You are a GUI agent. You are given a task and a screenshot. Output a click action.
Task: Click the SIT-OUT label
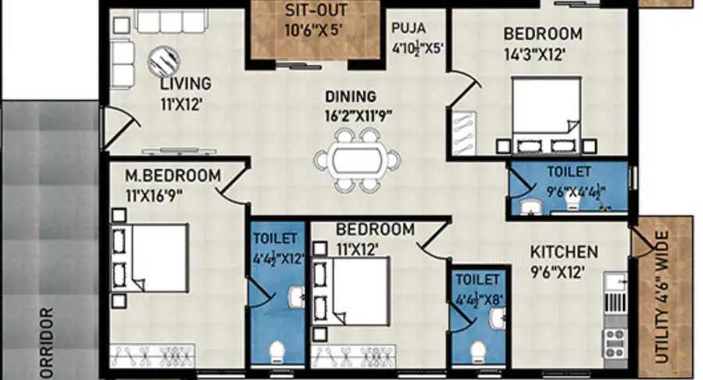pyautogui.click(x=316, y=10)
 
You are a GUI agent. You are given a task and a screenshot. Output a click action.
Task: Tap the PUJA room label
pyautogui.click(x=409, y=28)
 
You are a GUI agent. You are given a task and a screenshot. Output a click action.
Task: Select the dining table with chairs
pyautogui.click(x=357, y=160)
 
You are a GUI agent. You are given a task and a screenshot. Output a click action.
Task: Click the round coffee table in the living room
pyautogui.click(x=164, y=61)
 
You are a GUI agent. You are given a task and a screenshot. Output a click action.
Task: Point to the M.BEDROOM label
pyautogui.click(x=173, y=175)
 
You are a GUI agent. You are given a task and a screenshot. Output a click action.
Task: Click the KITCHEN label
pyautogui.click(x=564, y=252)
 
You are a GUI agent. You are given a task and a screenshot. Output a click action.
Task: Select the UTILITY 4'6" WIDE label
pyautogui.click(x=662, y=297)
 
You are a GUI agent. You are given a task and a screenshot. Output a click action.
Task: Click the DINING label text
pyautogui.click(x=351, y=96)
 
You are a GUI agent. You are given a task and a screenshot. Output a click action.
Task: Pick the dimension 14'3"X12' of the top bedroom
pyautogui.click(x=534, y=55)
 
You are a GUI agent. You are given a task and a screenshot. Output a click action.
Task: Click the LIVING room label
pyautogui.click(x=186, y=84)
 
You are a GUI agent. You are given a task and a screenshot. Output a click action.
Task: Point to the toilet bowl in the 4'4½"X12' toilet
pyautogui.click(x=277, y=351)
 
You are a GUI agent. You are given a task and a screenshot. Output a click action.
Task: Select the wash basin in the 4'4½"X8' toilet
pyautogui.click(x=498, y=318)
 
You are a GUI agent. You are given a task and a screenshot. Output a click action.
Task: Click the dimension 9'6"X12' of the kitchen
pyautogui.click(x=557, y=272)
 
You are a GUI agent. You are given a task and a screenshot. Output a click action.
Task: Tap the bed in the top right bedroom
pyautogui.click(x=546, y=115)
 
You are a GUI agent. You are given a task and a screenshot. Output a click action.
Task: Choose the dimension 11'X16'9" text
pyautogui.click(x=153, y=195)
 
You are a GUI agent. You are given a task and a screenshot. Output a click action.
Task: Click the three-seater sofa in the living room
pyautogui.click(x=172, y=22)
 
